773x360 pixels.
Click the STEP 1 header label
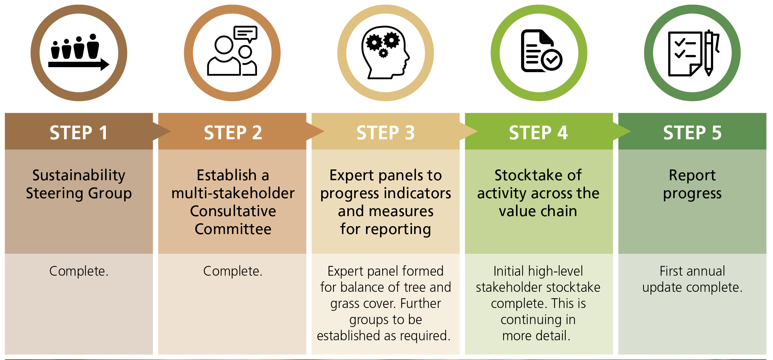coord(79,133)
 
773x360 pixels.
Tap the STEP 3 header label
coord(385,133)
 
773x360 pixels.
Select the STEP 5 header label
coord(692,133)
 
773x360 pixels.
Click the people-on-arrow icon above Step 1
coord(79,52)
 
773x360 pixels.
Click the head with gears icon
coord(385,52)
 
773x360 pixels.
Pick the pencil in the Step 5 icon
coord(709,53)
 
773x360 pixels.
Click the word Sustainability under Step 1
coord(79,176)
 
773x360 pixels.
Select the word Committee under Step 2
coord(233,229)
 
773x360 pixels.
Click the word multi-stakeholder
coord(233,193)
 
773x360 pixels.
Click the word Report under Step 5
coord(692,176)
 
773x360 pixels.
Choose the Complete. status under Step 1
coord(79,271)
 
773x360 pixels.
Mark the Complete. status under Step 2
coord(233,271)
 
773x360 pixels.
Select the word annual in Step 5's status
coord(705,271)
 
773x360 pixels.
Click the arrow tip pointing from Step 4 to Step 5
coord(631,131)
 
